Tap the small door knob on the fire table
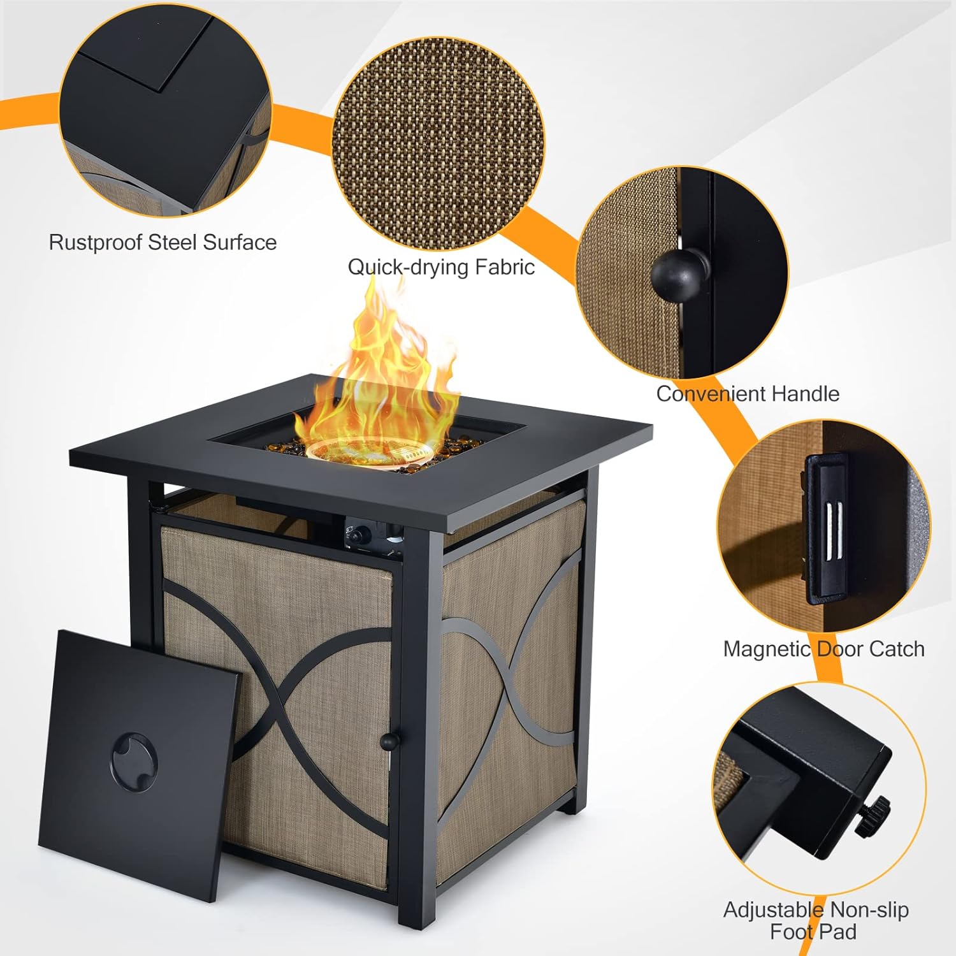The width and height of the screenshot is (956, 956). point(388,741)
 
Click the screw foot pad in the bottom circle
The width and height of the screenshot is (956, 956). point(873,816)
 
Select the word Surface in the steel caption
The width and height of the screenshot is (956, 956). point(240,243)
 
